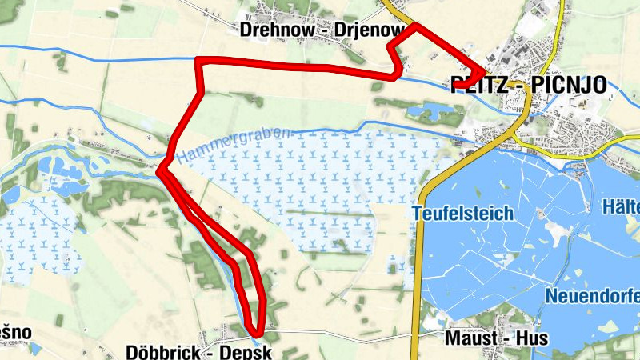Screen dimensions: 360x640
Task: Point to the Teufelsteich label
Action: [462, 214]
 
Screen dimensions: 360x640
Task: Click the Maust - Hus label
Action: [496, 338]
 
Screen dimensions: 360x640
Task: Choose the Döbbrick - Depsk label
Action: [200, 352]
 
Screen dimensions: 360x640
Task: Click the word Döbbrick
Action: [161, 352]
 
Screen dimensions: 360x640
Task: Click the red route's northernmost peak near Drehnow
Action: [417, 26]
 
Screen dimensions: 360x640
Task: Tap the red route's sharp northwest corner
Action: [199, 61]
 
